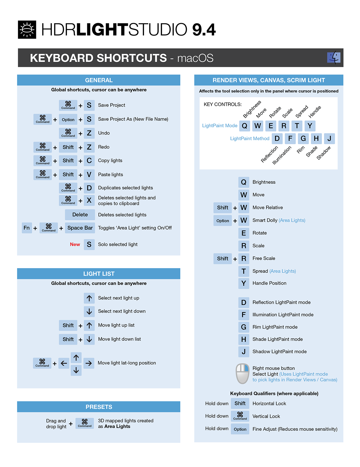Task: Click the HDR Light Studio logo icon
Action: [x=27, y=30]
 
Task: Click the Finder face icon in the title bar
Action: [x=334, y=57]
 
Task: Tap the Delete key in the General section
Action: [x=80, y=215]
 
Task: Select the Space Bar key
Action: [x=80, y=228]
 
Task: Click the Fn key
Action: [x=27, y=228]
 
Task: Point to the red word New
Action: [x=75, y=244]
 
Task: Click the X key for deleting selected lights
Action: [x=89, y=200]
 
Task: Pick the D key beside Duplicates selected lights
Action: [x=89, y=188]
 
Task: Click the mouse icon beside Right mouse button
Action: [x=242, y=374]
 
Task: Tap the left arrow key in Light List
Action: [x=64, y=363]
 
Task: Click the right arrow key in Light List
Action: [x=88, y=363]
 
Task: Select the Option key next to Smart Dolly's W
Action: [x=223, y=221]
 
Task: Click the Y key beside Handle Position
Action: [x=244, y=283]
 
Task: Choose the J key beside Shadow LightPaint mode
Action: [x=244, y=352]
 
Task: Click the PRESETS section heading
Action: [x=99, y=407]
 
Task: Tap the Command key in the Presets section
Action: [x=85, y=423]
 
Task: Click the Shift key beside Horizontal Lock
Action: [x=240, y=404]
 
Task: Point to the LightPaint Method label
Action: [x=250, y=138]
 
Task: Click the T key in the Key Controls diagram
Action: [x=297, y=126]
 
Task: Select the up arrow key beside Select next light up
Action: [x=89, y=298]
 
